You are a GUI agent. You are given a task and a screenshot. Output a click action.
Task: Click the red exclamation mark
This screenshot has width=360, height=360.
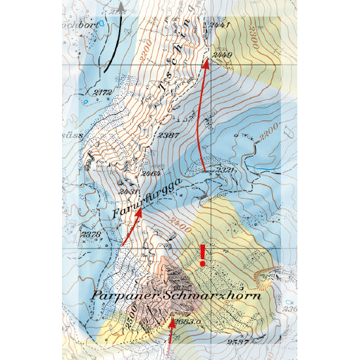(x=203, y=254)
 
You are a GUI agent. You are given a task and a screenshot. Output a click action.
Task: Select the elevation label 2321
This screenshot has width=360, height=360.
(x=225, y=170)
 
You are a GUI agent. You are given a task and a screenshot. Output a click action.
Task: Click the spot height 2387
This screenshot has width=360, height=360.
(x=168, y=135)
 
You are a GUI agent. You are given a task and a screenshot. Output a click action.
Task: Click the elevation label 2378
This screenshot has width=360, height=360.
(x=92, y=235)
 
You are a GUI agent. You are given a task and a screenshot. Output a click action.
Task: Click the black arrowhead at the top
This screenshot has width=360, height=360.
(x=121, y=7)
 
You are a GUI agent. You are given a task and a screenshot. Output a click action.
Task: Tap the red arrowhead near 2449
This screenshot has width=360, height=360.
(x=206, y=63)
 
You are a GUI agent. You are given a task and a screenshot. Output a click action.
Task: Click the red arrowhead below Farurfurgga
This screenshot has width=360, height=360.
(x=139, y=214)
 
